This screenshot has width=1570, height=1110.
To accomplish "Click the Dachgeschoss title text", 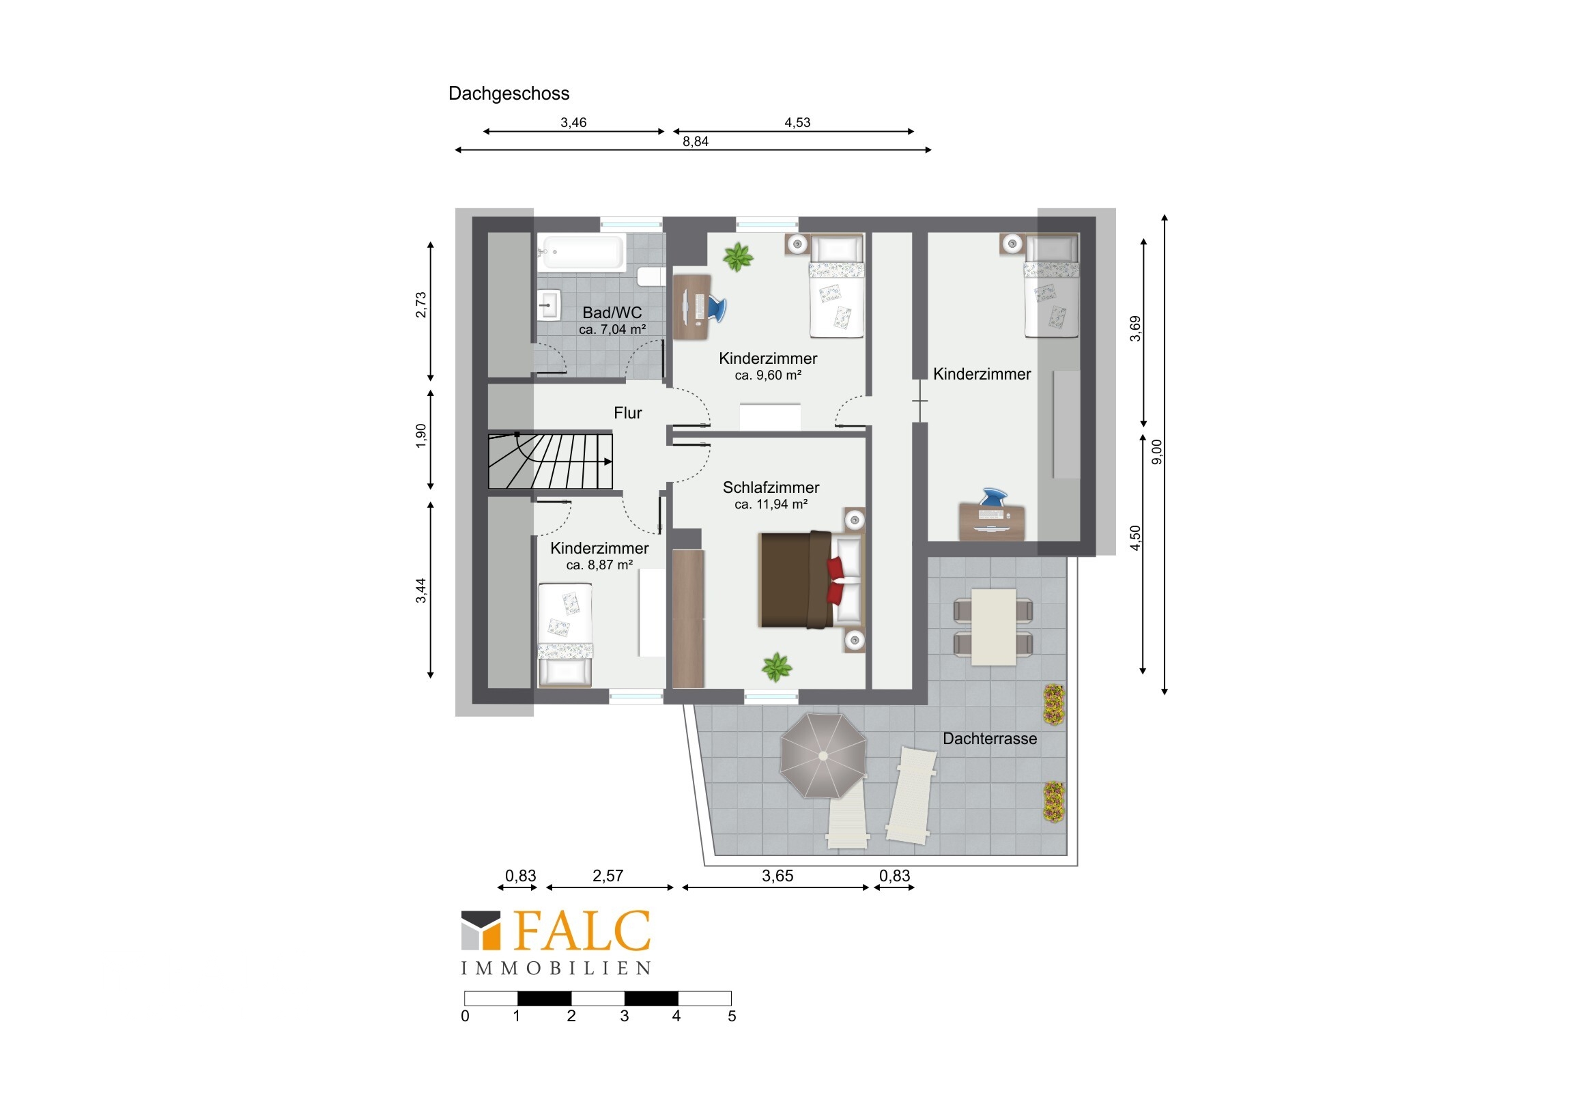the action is [509, 94].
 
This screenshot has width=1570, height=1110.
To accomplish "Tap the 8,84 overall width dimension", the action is [696, 141].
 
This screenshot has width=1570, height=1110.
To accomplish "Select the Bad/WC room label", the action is [612, 313].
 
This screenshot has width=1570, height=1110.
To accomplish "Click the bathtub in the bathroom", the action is [581, 252].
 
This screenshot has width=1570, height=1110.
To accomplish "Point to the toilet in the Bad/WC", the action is [651, 276].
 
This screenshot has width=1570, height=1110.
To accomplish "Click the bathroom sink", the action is [549, 305].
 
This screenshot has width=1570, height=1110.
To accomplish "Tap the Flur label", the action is [628, 413].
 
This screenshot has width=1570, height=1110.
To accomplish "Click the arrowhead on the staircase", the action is [608, 461].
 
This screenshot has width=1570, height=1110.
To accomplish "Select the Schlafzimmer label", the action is [771, 487].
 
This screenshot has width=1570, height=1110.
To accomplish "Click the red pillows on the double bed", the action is [835, 581].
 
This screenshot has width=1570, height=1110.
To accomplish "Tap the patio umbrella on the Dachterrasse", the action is [823, 756].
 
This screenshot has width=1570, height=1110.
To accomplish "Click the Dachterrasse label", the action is [990, 739].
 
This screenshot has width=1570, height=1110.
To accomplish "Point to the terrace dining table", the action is [994, 627].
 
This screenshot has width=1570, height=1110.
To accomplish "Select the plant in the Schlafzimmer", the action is [777, 667].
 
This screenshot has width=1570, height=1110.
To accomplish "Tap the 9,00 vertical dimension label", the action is [1156, 451].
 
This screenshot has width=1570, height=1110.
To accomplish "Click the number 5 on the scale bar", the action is [732, 1016].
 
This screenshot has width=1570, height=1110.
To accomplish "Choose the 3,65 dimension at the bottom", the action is [777, 876].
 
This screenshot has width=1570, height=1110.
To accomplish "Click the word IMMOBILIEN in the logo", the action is [555, 969].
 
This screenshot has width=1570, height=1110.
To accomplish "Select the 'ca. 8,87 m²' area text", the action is [599, 566].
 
